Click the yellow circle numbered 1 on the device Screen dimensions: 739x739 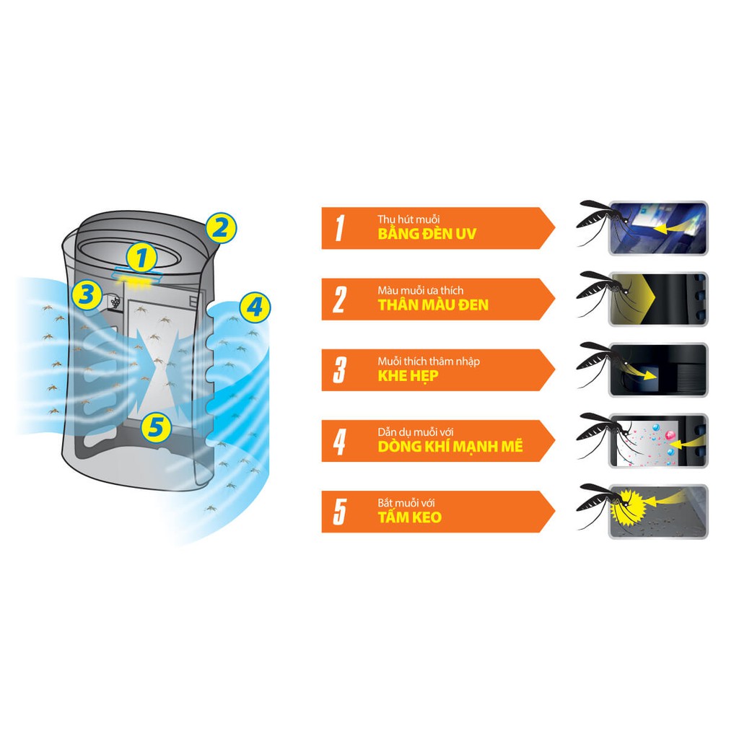(141, 258)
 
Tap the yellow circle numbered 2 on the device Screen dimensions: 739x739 (221, 228)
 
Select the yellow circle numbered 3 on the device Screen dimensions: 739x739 (87, 294)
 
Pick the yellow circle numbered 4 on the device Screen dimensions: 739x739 (255, 307)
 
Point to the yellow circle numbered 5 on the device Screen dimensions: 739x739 (156, 427)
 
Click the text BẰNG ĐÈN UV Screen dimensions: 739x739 (427, 234)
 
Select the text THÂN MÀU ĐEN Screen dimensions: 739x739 (433, 305)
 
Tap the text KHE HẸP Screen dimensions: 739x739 (408, 376)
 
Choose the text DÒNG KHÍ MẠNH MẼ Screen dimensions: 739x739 (450, 446)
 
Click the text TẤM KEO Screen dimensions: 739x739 (410, 517)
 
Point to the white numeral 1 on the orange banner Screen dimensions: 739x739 (340, 228)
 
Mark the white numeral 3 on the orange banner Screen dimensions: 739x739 (340, 370)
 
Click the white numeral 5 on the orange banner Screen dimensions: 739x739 (340, 512)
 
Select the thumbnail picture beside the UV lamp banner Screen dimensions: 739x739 (658, 228)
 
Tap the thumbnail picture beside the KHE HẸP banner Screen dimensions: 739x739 (658, 370)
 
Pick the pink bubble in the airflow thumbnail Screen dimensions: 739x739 (670, 434)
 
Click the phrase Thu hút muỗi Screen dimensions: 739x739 (408, 219)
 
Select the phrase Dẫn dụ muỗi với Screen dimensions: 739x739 (415, 432)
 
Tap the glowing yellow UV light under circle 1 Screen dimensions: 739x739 (137, 281)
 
